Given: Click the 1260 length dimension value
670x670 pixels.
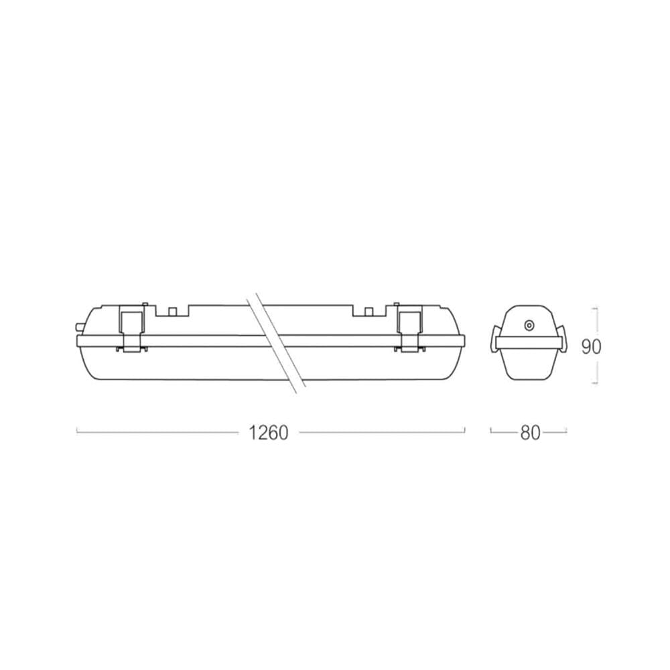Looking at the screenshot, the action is point(269,433).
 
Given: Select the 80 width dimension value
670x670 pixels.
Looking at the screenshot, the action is point(530,433).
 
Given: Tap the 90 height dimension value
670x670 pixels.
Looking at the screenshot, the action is point(591,347).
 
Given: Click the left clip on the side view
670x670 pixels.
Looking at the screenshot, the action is point(131,329).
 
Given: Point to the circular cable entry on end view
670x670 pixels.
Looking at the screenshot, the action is point(529,326).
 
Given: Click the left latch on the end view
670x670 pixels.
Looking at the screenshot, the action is point(495,340).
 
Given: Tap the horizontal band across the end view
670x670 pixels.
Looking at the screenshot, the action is point(529,342).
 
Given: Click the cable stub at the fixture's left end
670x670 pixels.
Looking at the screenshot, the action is point(78,327).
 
